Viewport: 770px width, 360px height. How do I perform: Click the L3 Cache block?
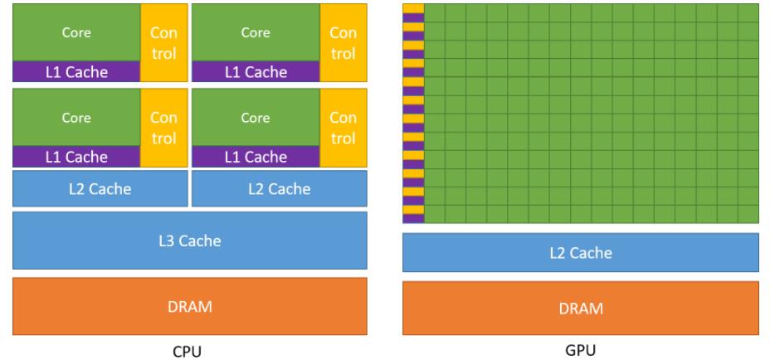tap(189, 241)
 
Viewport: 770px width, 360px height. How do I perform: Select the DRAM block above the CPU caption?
tap(189, 304)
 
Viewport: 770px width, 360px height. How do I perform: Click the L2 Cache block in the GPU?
tap(581, 253)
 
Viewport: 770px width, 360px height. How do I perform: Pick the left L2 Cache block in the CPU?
tap(99, 188)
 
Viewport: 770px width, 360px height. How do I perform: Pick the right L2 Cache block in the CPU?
tap(279, 188)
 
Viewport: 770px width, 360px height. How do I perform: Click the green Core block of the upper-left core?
tap(76, 33)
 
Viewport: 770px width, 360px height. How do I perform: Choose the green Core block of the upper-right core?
tap(256, 33)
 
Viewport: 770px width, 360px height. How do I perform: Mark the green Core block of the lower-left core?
tap(76, 117)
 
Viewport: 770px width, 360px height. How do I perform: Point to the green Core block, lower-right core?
tap(256, 117)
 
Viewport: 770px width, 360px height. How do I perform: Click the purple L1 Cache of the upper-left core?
tap(76, 72)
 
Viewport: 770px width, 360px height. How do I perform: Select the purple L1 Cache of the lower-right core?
tap(256, 156)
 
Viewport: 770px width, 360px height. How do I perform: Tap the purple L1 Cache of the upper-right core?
tap(256, 72)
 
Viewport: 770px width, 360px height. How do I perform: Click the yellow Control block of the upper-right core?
tap(343, 42)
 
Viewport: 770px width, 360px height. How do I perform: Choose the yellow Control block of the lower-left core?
tap(163, 126)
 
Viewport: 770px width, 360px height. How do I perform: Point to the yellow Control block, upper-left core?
tap(163, 42)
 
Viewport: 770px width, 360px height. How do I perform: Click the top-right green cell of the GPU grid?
tap(748, 11)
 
